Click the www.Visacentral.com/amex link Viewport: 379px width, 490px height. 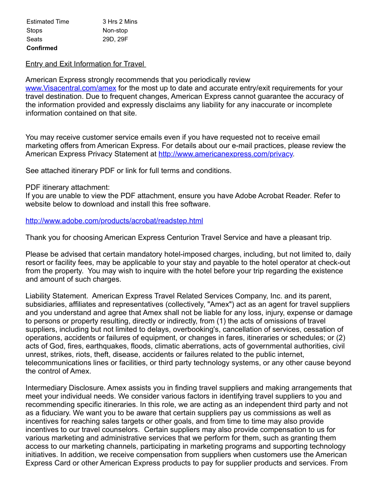[x=71, y=88]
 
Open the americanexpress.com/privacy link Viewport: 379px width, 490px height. [x=226, y=154]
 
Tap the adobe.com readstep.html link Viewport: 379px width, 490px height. [x=114, y=221]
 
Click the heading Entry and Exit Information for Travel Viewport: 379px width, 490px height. [x=85, y=64]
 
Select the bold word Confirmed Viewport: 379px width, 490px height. [x=42, y=48]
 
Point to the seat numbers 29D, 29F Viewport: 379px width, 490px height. [x=115, y=39]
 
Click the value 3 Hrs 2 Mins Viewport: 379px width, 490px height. [x=120, y=22]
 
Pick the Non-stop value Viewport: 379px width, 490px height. [x=115, y=31]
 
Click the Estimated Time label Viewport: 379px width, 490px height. [x=48, y=22]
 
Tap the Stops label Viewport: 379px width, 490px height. [x=34, y=31]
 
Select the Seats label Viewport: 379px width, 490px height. [x=34, y=39]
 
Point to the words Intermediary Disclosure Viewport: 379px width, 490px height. [x=65, y=388]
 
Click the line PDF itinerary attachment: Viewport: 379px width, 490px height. [x=68, y=187]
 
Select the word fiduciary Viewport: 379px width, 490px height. [x=52, y=413]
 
